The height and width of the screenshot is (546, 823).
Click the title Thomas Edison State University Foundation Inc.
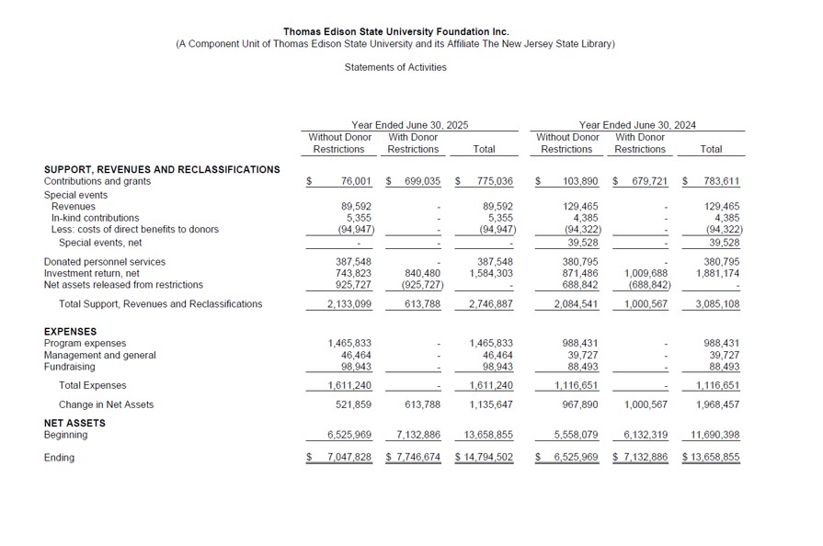[x=395, y=31]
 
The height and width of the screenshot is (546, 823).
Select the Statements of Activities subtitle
[x=395, y=67]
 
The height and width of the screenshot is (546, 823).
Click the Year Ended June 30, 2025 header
[x=409, y=124]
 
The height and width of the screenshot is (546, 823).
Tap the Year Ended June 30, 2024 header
[x=636, y=124]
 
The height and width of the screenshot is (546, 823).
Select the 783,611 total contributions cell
[x=720, y=182]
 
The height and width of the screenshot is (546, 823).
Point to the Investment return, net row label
[x=92, y=273]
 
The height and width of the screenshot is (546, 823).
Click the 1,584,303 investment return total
[x=491, y=273]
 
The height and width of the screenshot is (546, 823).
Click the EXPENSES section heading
[x=70, y=332]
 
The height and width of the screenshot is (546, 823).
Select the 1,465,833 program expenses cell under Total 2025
[x=491, y=343]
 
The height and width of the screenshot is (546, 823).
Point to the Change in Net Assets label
[x=106, y=404]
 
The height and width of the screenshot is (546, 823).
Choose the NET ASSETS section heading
[x=74, y=423]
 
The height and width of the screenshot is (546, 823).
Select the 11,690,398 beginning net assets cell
[x=714, y=435]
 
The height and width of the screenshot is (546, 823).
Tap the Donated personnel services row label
[x=105, y=262]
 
